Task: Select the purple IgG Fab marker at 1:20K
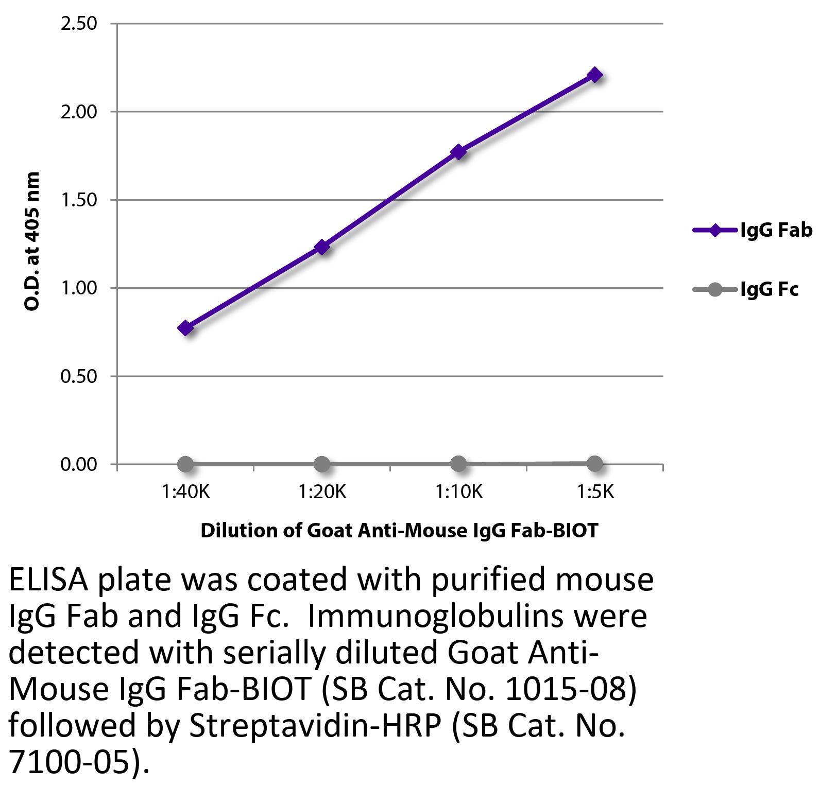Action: pyautogui.click(x=322, y=247)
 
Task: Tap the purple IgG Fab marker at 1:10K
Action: pyautogui.click(x=458, y=151)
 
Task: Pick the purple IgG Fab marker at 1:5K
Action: pyautogui.click(x=595, y=75)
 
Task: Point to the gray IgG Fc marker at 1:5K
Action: pyautogui.click(x=595, y=463)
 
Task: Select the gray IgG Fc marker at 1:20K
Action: pyautogui.click(x=322, y=464)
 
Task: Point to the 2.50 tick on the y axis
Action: pyautogui.click(x=79, y=24)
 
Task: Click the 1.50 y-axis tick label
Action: pyautogui.click(x=79, y=200)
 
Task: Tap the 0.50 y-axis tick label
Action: pyautogui.click(x=79, y=376)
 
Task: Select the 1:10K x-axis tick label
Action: pyautogui.click(x=459, y=493)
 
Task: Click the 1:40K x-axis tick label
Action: pyautogui.click(x=186, y=493)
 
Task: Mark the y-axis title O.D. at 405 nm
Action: pyautogui.click(x=32, y=241)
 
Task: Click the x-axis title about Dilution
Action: pyautogui.click(x=399, y=530)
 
